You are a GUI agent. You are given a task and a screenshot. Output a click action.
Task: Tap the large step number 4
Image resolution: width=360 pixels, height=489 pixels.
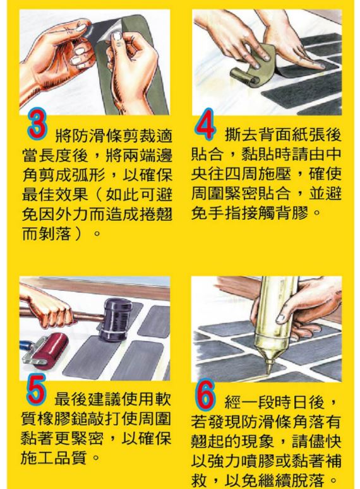point(205,124)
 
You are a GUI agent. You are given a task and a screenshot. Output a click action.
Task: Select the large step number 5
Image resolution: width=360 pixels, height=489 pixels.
point(37,388)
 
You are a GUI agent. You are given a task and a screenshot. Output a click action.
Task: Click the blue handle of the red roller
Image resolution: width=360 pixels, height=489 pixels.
point(26,347)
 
